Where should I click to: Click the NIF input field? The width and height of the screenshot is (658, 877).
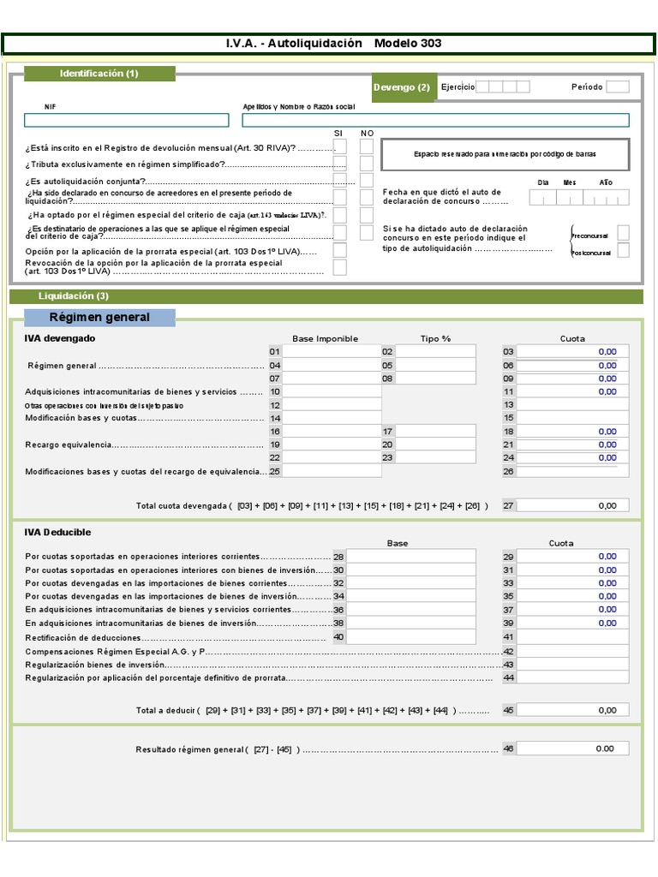point(132,120)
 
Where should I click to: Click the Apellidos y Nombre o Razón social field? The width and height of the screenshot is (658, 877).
point(435,120)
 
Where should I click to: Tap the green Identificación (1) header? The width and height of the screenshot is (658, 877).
point(99,74)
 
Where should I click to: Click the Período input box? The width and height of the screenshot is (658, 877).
point(617,87)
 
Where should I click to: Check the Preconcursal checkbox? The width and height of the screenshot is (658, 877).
point(623,232)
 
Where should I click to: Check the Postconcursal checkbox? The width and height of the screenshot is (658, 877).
point(623,250)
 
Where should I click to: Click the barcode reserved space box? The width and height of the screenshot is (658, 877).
point(505,154)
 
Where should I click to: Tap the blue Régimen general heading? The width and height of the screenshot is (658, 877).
point(99,318)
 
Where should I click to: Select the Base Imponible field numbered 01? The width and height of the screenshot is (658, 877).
point(332,351)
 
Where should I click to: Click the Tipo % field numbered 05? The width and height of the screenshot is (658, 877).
point(435,365)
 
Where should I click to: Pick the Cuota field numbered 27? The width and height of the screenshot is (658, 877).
point(572,505)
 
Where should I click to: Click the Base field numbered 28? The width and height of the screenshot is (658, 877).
point(410,557)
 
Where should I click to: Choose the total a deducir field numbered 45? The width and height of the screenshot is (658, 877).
point(572,710)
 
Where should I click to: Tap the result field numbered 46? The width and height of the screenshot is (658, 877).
point(572,749)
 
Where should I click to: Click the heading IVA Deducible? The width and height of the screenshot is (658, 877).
point(58,533)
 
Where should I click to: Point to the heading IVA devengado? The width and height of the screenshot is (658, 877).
point(60,338)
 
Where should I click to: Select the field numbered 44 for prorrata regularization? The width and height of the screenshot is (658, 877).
point(572,677)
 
